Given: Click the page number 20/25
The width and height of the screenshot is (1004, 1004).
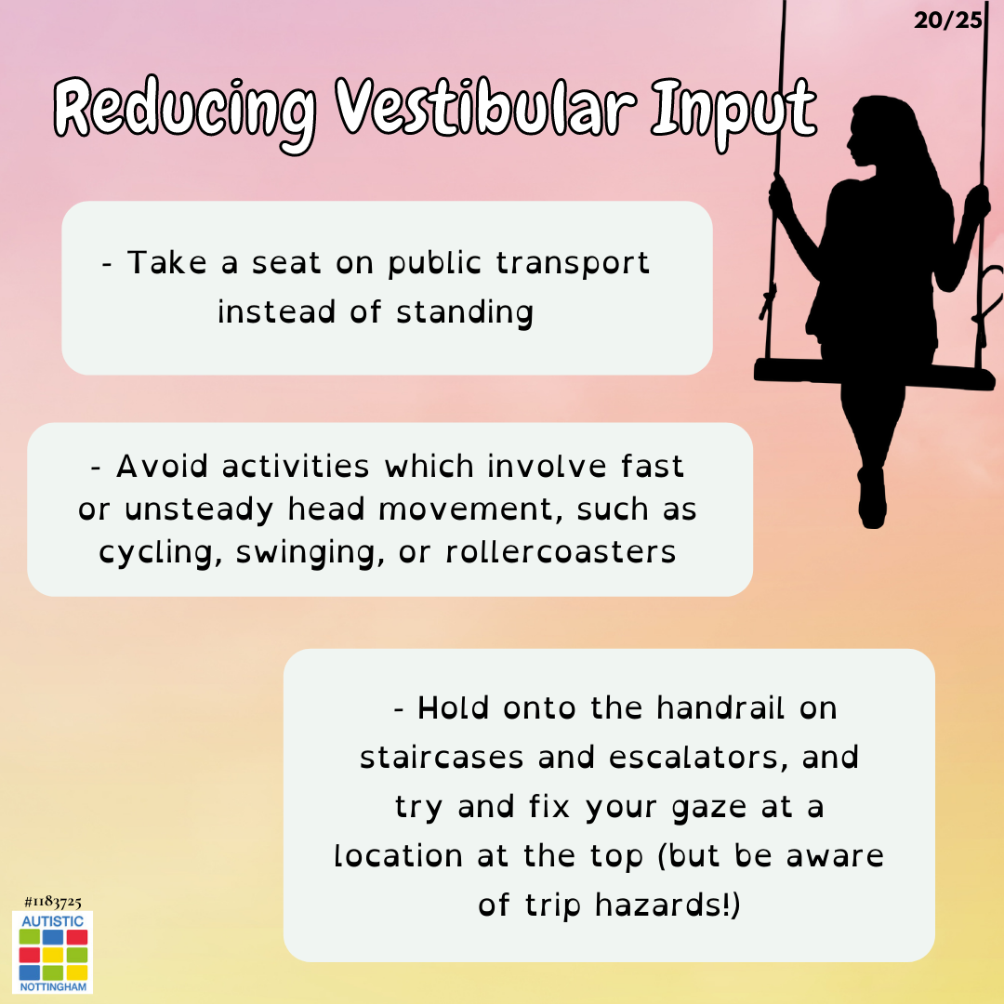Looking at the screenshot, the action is tap(947, 20).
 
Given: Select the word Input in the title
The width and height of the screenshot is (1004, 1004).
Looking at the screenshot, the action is tap(734, 112).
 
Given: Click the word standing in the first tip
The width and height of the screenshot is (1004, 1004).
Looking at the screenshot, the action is tap(465, 313).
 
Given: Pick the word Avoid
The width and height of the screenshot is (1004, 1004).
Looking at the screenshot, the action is tap(162, 466).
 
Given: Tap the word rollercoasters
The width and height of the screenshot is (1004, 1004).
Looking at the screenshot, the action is tap(561, 552).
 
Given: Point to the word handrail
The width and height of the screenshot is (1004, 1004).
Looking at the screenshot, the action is tap(721, 708).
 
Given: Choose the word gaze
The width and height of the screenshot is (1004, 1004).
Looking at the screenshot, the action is tap(709, 808).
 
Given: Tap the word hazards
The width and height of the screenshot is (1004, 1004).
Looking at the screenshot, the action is tap(662, 905).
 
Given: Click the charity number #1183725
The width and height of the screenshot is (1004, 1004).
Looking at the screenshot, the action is tap(52, 902).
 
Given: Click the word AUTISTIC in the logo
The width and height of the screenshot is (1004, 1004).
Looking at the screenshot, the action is tap(52, 921).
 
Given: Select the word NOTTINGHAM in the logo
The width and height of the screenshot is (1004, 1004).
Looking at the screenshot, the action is tap(53, 986).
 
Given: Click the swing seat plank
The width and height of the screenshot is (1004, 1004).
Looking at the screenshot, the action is tap(874, 374).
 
